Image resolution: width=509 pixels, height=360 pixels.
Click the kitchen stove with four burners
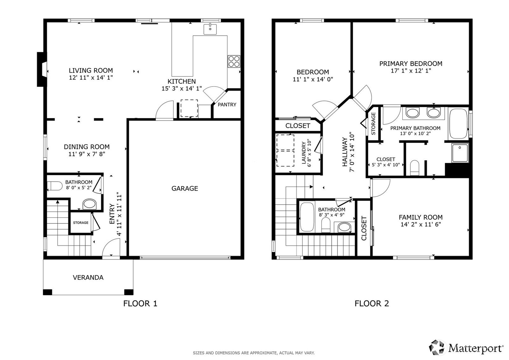pyautogui.click(x=234, y=61)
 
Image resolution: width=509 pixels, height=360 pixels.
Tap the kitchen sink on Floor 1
pyautogui.click(x=210, y=29)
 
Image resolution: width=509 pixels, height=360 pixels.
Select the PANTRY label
pyautogui.click(x=227, y=105)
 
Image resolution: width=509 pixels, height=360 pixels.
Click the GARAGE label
pyautogui.click(x=185, y=188)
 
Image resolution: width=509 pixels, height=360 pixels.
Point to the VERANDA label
pyautogui.click(x=88, y=278)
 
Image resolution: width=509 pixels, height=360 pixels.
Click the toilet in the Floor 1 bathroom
pyautogui.click(x=55, y=186)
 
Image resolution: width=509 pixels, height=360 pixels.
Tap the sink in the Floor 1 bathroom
pyautogui.click(x=89, y=204)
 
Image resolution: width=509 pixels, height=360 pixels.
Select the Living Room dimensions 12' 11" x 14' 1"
pyautogui.click(x=91, y=78)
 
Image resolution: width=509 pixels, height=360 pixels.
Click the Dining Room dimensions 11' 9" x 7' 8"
pyautogui.click(x=87, y=154)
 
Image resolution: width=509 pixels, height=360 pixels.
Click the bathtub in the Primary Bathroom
pyautogui.click(x=458, y=124)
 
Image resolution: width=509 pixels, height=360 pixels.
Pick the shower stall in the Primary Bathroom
pyautogui.click(x=460, y=152)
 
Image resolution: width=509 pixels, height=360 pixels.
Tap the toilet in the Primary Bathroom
pyautogui.click(x=415, y=168)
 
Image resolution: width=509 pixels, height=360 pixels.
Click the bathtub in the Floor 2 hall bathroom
pyautogui.click(x=307, y=217)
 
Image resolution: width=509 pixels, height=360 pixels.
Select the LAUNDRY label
pyautogui.click(x=304, y=152)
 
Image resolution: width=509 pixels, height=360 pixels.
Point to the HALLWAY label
pyautogui.click(x=345, y=152)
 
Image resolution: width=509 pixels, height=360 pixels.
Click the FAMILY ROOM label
pyautogui.click(x=421, y=217)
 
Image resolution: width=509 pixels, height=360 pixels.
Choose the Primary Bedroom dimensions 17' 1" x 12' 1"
pyautogui.click(x=411, y=71)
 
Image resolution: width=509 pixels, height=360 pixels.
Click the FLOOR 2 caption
pyautogui.click(x=372, y=303)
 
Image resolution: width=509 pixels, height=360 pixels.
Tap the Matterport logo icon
pyautogui.click(x=436, y=347)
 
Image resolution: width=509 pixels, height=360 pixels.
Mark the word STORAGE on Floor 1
pyautogui.click(x=81, y=222)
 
